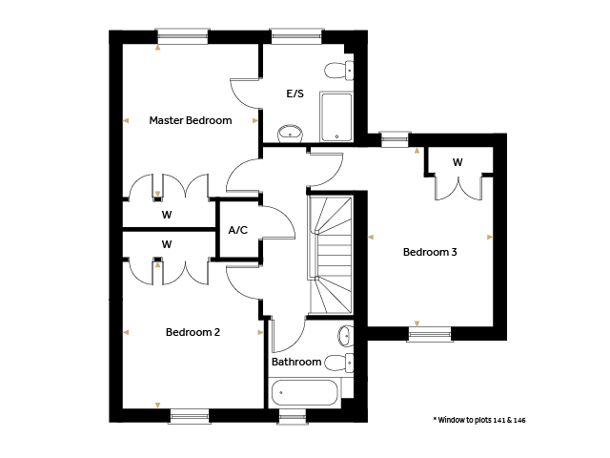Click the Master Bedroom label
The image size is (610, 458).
pyautogui.click(x=191, y=120)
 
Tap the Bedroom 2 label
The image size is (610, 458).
pyautogui.click(x=193, y=332)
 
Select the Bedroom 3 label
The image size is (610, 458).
pyautogui.click(x=430, y=252)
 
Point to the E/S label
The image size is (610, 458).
pyautogui.click(x=295, y=94)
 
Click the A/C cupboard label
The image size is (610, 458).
pyautogui.click(x=237, y=230)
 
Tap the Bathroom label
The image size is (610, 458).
pyautogui.click(x=296, y=362)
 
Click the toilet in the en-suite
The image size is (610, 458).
pyautogui.click(x=339, y=71)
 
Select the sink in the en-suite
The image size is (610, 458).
pyautogui.click(x=290, y=134)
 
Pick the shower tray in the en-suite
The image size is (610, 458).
pyautogui.click(x=336, y=116)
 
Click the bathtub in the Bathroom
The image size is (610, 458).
pyautogui.click(x=305, y=392)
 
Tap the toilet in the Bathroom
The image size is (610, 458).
pyautogui.click(x=339, y=363)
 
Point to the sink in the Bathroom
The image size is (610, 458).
pyautogui.click(x=345, y=335)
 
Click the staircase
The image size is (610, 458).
pyautogui.click(x=331, y=255)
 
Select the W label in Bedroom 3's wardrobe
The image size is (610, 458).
pyautogui.click(x=457, y=162)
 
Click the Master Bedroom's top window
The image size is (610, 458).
pyautogui.click(x=182, y=36)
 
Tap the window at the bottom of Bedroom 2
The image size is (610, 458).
pyautogui.click(x=190, y=416)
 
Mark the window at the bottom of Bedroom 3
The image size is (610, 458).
pyautogui.click(x=430, y=334)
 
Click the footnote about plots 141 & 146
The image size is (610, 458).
pyautogui.click(x=479, y=420)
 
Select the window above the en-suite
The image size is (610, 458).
pyautogui.click(x=296, y=36)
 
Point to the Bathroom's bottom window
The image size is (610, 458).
pyautogui.click(x=293, y=417)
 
